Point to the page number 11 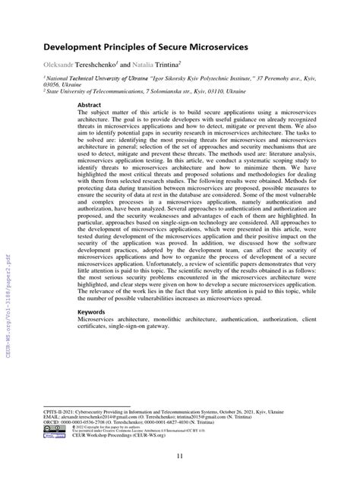coord(179,456)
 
